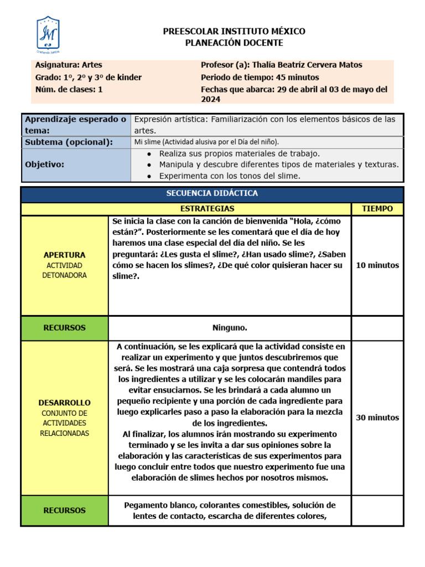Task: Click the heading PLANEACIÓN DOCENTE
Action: tap(234, 43)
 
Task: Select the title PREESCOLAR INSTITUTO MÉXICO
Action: tap(234, 32)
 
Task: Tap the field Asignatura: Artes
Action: tap(69, 65)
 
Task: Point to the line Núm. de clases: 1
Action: tap(69, 89)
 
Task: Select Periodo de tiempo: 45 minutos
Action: tap(260, 77)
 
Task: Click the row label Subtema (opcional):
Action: tap(69, 142)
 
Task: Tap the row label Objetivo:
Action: tap(45, 164)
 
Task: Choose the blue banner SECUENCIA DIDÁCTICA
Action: tap(212, 193)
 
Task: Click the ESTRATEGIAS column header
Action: tap(208, 209)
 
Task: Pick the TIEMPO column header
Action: tap(377, 209)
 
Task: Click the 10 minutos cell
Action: tap(377, 265)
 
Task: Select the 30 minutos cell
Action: tap(377, 417)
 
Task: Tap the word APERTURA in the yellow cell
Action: tap(65, 255)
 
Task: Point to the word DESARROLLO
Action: tap(65, 403)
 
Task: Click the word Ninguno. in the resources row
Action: tap(230, 328)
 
